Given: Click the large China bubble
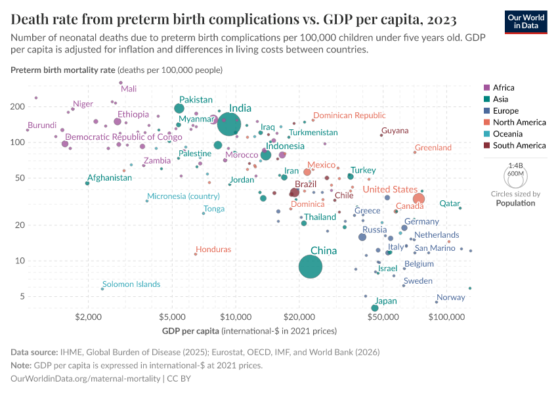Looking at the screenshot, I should (311, 267).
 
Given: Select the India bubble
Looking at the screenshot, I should (229, 123).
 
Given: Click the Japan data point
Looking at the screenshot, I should (375, 308).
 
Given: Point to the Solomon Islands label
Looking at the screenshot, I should (131, 284).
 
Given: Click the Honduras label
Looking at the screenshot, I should (213, 250).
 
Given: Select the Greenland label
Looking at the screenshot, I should (433, 148).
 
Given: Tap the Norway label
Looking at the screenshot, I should (450, 297).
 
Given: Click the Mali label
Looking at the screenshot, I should (129, 89).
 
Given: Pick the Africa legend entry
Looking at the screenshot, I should (503, 87).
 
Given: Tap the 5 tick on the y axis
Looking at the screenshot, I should (40, 297).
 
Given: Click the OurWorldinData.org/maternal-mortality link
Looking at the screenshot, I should (85, 379).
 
